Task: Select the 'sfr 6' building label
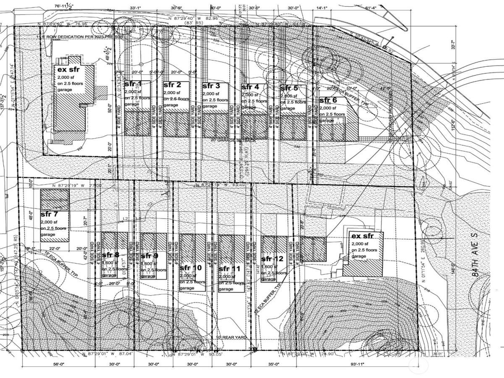(328, 100)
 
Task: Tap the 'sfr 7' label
(49, 214)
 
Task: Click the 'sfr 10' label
(191, 268)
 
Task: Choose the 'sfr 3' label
(211, 86)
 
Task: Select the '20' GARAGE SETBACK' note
(233, 140)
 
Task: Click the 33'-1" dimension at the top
(136, 8)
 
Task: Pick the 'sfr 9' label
(150, 256)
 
